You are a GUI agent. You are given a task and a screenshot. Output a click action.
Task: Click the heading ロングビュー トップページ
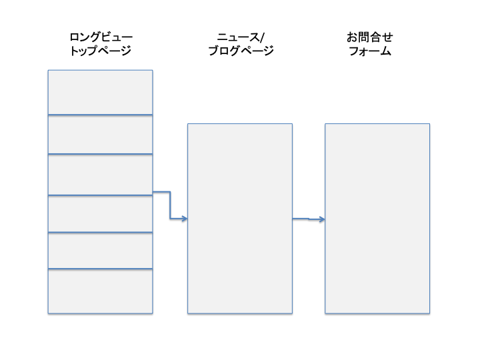[101, 44]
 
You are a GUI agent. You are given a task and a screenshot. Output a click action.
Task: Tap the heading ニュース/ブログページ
[241, 44]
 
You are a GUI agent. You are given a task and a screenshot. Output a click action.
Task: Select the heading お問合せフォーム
[370, 44]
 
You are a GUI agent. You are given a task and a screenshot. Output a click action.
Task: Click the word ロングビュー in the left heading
[101, 37]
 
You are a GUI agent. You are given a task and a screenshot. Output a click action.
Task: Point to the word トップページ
[101, 51]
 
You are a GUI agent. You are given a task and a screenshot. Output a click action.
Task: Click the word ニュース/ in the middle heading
[241, 37]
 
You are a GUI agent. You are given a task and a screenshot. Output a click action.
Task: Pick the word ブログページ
[241, 51]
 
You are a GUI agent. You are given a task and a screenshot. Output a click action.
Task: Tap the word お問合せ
[370, 37]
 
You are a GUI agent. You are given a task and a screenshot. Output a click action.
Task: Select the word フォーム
[370, 51]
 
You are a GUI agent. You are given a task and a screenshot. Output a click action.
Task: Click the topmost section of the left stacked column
[101, 93]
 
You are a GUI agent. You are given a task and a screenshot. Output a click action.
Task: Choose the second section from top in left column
[101, 135]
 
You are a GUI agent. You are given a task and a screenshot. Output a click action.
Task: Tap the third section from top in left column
[101, 175]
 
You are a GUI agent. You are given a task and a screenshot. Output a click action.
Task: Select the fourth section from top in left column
[101, 214]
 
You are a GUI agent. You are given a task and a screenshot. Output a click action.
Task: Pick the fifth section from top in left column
[101, 251]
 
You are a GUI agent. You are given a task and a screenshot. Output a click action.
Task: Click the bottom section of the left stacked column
[101, 291]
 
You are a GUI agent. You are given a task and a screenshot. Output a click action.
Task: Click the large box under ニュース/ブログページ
[240, 219]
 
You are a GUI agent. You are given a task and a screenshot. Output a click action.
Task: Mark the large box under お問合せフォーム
[377, 219]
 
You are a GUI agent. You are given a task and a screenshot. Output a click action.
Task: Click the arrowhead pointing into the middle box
[185, 219]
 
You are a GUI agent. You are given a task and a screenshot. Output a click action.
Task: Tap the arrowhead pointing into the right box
[322, 219]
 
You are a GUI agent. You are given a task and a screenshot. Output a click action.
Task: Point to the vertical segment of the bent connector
[170, 205]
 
